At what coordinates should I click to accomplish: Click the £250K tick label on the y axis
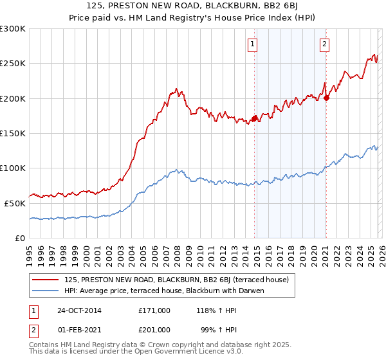point(13,64)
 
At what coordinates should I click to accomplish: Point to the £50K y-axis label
point(15,203)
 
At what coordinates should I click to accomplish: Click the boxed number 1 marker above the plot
point(252,44)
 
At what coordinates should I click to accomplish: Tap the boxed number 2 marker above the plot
point(324,44)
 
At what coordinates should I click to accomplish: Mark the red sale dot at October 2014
point(254,118)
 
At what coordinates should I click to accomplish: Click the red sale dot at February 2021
point(326,98)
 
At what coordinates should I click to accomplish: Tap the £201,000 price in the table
point(154,329)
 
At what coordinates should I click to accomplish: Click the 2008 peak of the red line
point(176,89)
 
